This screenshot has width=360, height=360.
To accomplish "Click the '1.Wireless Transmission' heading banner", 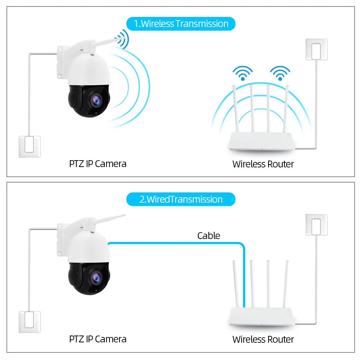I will (x=181, y=24).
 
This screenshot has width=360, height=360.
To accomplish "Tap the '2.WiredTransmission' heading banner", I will (x=181, y=199).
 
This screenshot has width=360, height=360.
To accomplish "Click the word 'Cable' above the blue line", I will (x=208, y=236).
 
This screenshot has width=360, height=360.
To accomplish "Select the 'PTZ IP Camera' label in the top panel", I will (x=98, y=164).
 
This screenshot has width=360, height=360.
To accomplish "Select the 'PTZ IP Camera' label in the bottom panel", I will (x=98, y=339).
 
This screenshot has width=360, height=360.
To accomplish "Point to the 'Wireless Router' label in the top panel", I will (x=263, y=164).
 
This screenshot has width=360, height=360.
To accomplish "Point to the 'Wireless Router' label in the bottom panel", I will (x=263, y=339).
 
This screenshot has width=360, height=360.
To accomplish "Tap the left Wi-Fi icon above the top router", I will (x=242, y=73).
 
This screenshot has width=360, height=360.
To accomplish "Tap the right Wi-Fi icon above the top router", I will (x=280, y=73).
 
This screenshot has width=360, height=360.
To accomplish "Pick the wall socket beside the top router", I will (x=316, y=49).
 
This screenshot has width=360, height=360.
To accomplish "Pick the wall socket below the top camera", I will (x=30, y=146).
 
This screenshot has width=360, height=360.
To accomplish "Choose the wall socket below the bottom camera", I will (x=30, y=322).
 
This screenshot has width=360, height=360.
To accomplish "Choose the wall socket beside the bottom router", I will (x=316, y=225).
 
